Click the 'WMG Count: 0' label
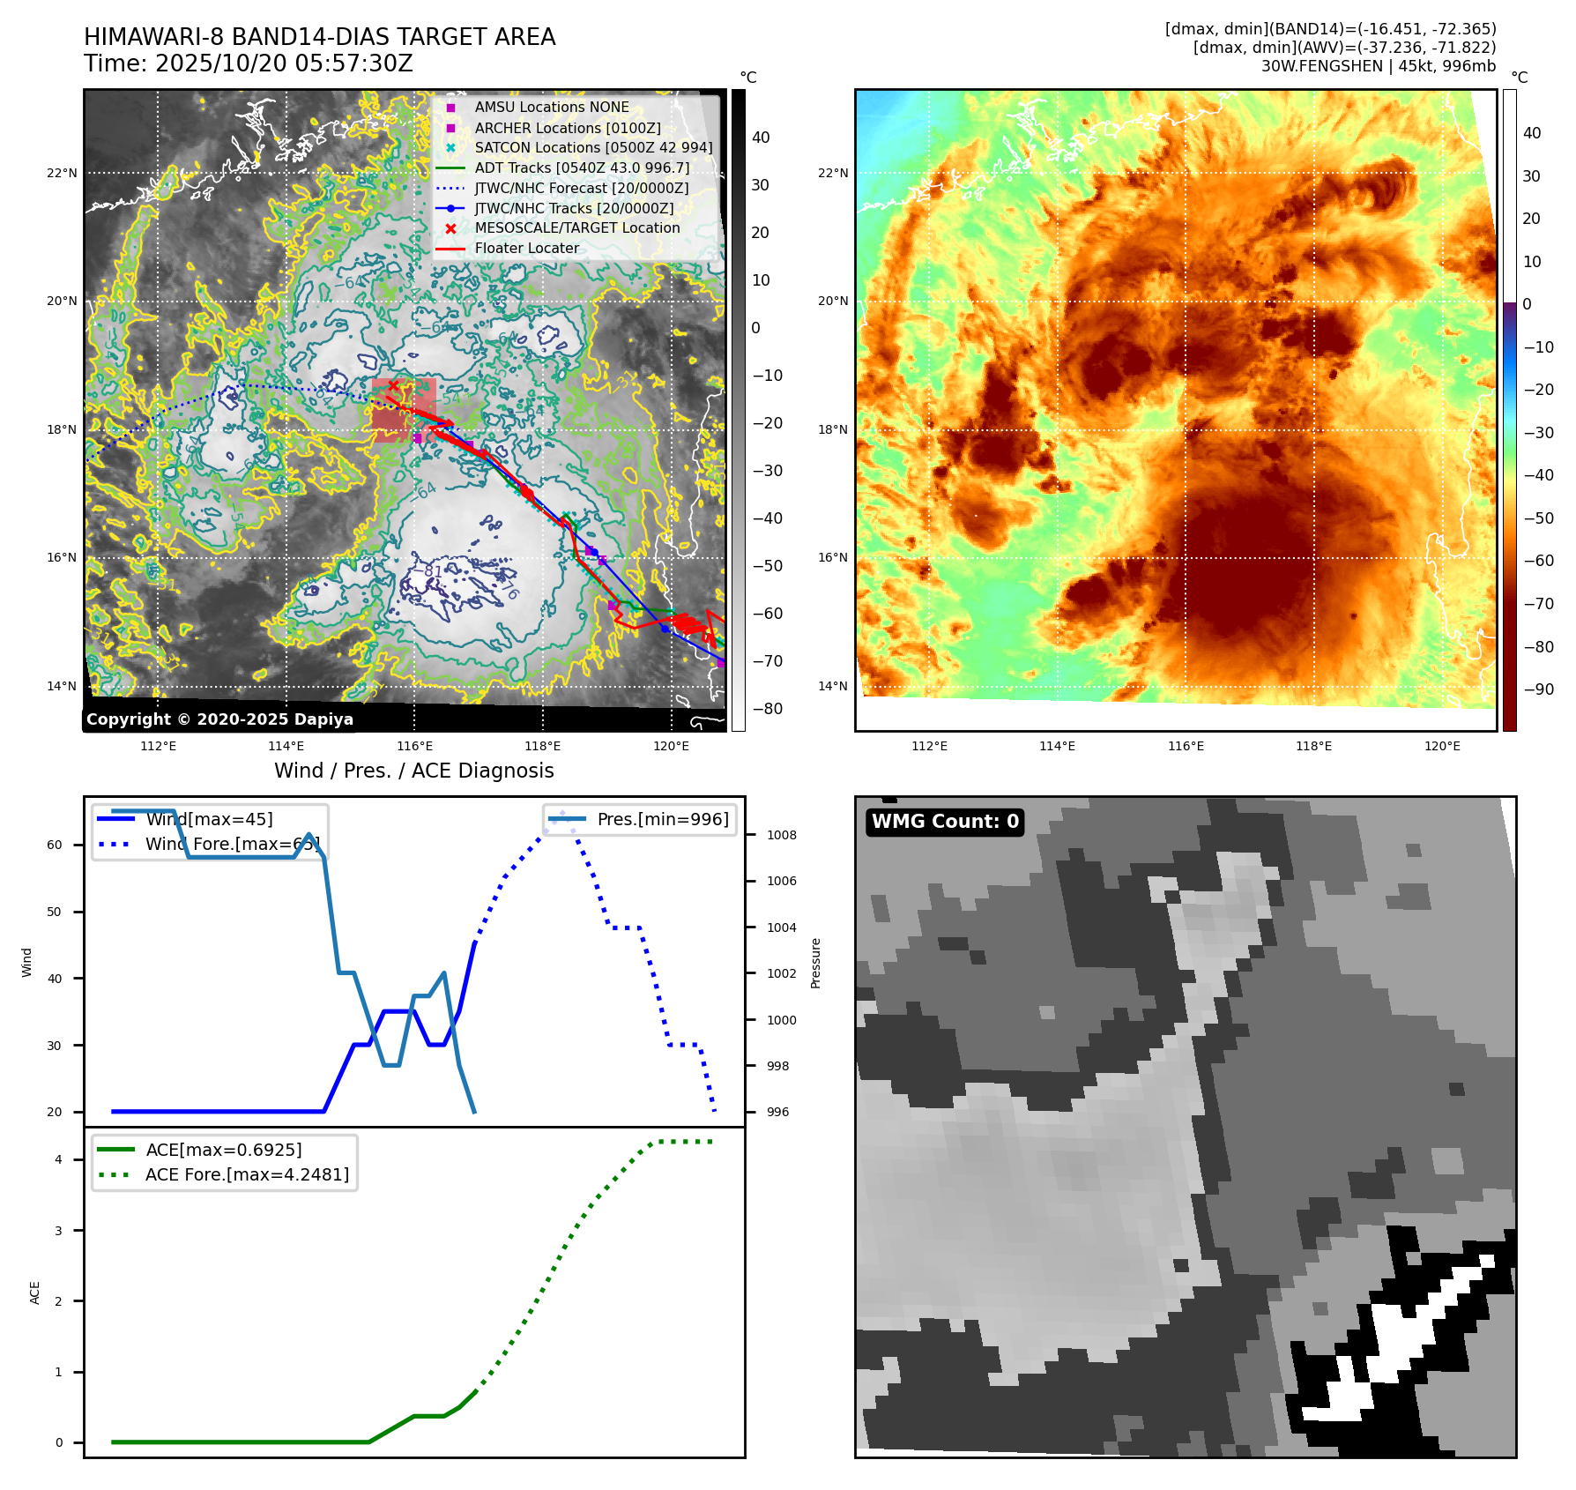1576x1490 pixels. [945, 822]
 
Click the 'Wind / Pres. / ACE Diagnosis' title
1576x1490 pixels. [413, 771]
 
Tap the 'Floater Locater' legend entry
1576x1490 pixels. [526, 249]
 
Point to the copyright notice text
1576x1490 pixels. [219, 719]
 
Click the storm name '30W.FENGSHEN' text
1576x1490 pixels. [1321, 66]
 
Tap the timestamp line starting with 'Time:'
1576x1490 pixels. [248, 63]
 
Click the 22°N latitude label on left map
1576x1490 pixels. [62, 173]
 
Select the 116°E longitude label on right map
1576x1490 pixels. [1186, 746]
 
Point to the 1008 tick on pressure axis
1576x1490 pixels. [781, 835]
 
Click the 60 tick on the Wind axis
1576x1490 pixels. [55, 845]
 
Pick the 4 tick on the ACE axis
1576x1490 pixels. [58, 1159]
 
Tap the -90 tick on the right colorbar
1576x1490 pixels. [1538, 689]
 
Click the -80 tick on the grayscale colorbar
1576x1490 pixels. [767, 709]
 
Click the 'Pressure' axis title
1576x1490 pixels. [815, 963]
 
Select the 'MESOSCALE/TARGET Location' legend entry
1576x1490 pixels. [576, 228]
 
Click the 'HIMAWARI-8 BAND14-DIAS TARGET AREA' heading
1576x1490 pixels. [319, 37]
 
